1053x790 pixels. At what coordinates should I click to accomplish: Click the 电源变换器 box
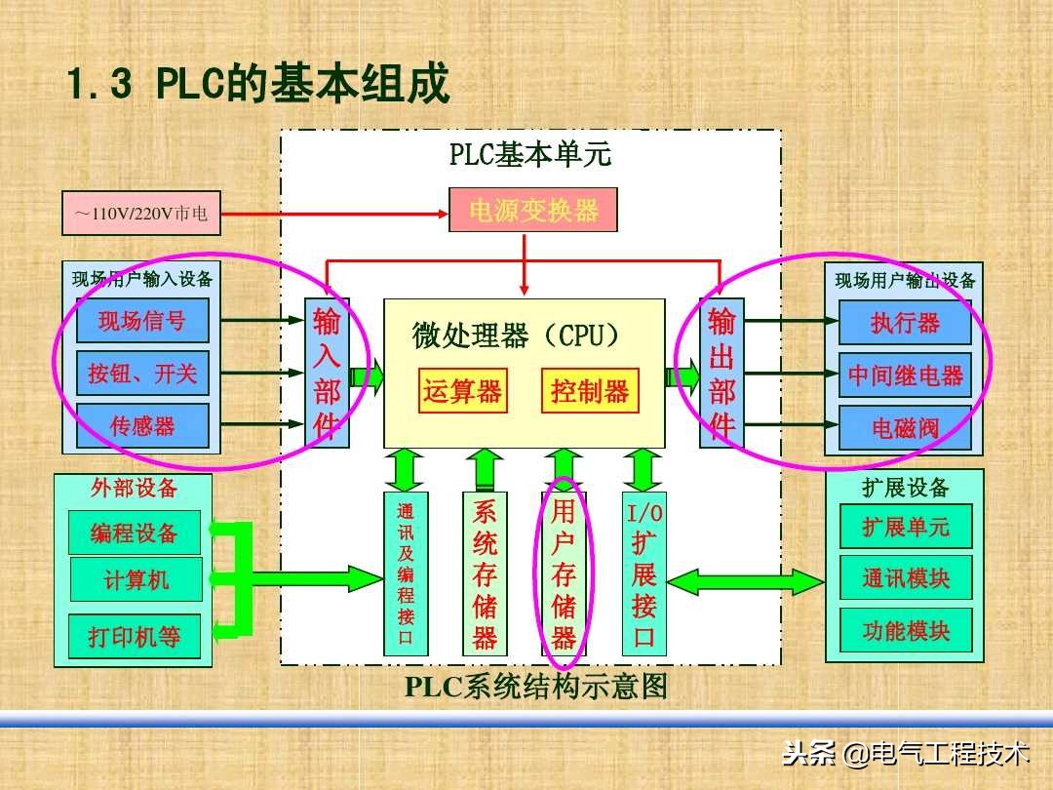(x=533, y=210)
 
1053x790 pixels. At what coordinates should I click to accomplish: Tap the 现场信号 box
(x=142, y=321)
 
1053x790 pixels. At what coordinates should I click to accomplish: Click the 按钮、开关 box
(x=142, y=374)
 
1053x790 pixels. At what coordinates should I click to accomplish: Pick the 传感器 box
(x=142, y=426)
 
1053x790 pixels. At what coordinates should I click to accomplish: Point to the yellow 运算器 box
(x=462, y=391)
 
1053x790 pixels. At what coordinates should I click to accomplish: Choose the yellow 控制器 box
(x=590, y=391)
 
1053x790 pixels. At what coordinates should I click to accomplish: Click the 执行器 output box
(x=905, y=323)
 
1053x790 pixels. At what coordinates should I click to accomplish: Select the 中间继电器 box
(x=905, y=375)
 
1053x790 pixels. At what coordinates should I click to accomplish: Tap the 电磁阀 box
(x=905, y=427)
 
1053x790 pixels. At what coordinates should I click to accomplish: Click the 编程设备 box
(x=135, y=533)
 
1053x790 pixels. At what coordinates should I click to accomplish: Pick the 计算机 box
(x=136, y=580)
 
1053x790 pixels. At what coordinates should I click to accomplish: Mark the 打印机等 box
(x=135, y=637)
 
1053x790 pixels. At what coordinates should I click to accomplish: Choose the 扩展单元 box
(x=905, y=527)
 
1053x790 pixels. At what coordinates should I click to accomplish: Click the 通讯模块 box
(x=905, y=577)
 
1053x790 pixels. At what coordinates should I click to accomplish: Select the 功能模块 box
(x=905, y=630)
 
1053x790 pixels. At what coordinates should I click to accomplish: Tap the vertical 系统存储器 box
(x=485, y=573)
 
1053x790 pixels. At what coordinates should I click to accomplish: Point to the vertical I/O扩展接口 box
(x=643, y=573)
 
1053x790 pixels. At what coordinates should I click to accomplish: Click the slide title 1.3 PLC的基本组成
(x=257, y=85)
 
